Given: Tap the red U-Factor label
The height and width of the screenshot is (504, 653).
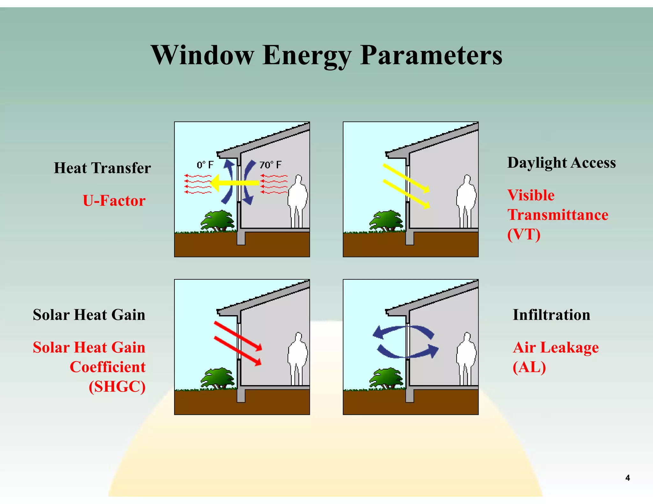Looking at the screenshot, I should [x=114, y=201].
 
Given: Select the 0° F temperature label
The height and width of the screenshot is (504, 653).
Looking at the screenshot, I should [x=205, y=165].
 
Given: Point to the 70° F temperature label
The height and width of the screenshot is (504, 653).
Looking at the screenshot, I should [x=270, y=165].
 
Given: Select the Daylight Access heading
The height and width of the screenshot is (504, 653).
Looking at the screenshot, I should [x=561, y=162].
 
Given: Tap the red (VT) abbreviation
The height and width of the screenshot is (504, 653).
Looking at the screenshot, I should [x=524, y=234].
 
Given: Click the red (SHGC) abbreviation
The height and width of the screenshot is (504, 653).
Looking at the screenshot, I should [x=117, y=387].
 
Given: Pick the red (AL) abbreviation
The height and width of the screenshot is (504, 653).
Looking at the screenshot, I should [x=529, y=367].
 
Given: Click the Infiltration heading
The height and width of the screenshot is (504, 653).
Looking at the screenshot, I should [x=551, y=315].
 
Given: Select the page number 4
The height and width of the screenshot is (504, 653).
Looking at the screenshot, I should [x=627, y=478].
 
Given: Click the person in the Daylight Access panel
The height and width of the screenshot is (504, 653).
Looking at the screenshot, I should [x=466, y=201].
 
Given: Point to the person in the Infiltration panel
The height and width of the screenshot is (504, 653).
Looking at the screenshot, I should [x=466, y=358].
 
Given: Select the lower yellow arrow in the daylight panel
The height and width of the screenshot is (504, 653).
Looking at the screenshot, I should [x=406, y=194].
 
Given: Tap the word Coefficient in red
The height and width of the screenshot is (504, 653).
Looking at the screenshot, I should [x=107, y=367].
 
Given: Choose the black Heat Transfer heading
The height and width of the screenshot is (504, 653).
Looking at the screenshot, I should [x=102, y=168].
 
